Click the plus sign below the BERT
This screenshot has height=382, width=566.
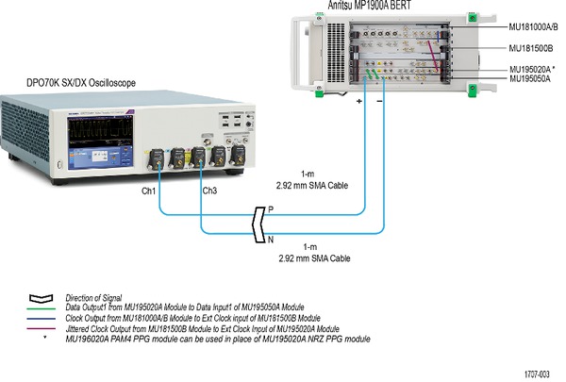(x=359, y=99)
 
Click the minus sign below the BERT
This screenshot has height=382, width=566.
(x=379, y=99)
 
